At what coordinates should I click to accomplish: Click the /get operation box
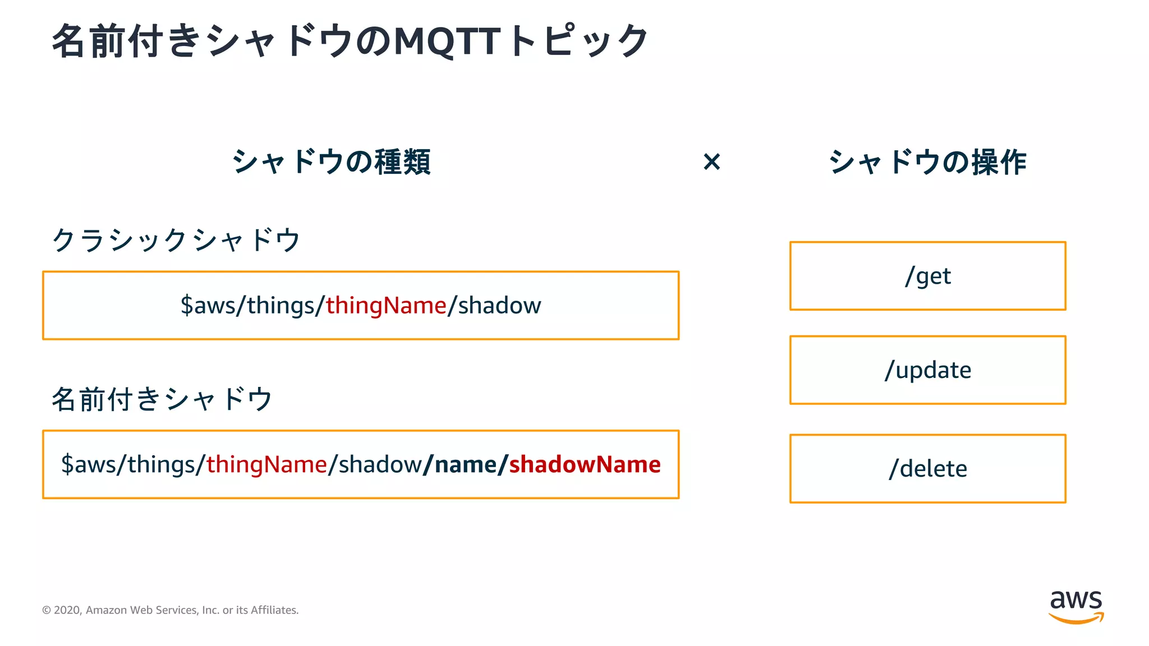(x=927, y=276)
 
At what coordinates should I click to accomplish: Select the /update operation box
(x=927, y=370)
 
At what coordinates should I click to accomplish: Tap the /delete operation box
(x=927, y=469)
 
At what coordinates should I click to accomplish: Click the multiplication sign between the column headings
(x=711, y=162)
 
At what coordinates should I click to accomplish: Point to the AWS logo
(x=1076, y=606)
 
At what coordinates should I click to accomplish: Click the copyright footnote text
(x=170, y=610)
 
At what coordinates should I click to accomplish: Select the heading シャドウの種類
(x=331, y=162)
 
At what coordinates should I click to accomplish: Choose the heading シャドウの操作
(x=927, y=162)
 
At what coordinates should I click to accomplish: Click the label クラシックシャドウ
(x=176, y=240)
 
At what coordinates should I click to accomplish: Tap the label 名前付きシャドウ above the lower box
(x=162, y=399)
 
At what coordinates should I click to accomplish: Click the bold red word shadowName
(x=585, y=464)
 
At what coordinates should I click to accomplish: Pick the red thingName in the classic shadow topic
(x=386, y=306)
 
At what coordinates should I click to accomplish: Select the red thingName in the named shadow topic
(x=266, y=464)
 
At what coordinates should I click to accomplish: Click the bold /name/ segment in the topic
(x=466, y=464)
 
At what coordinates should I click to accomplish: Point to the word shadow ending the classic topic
(x=499, y=306)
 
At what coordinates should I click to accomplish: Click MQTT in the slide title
(x=447, y=41)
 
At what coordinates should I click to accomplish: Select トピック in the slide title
(x=580, y=41)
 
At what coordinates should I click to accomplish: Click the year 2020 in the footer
(x=67, y=610)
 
